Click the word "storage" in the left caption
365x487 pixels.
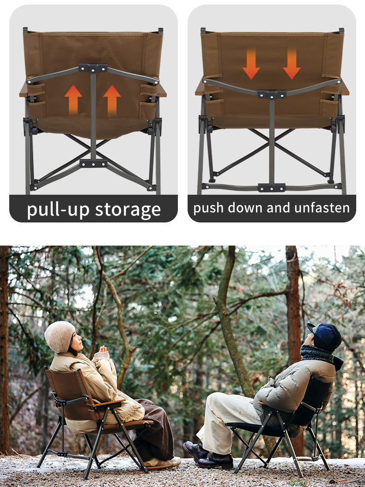click(128, 210)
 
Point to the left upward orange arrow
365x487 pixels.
click(73, 100)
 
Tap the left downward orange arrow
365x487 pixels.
click(251, 64)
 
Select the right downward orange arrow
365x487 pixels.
click(292, 64)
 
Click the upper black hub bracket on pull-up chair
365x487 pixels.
click(93, 68)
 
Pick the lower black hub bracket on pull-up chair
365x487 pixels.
click(93, 163)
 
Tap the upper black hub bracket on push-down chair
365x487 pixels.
click(272, 94)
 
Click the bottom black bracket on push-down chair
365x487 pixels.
click(272, 188)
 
